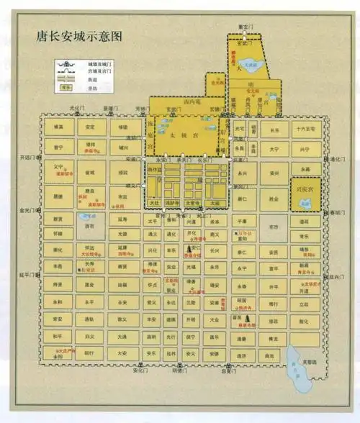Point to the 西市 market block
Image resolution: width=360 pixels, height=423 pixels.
[89, 227]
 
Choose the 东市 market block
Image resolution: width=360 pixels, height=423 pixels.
[274, 227]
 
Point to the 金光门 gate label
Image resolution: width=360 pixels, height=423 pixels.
[25, 211]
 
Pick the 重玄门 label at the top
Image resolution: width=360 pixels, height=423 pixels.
[247, 27]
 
